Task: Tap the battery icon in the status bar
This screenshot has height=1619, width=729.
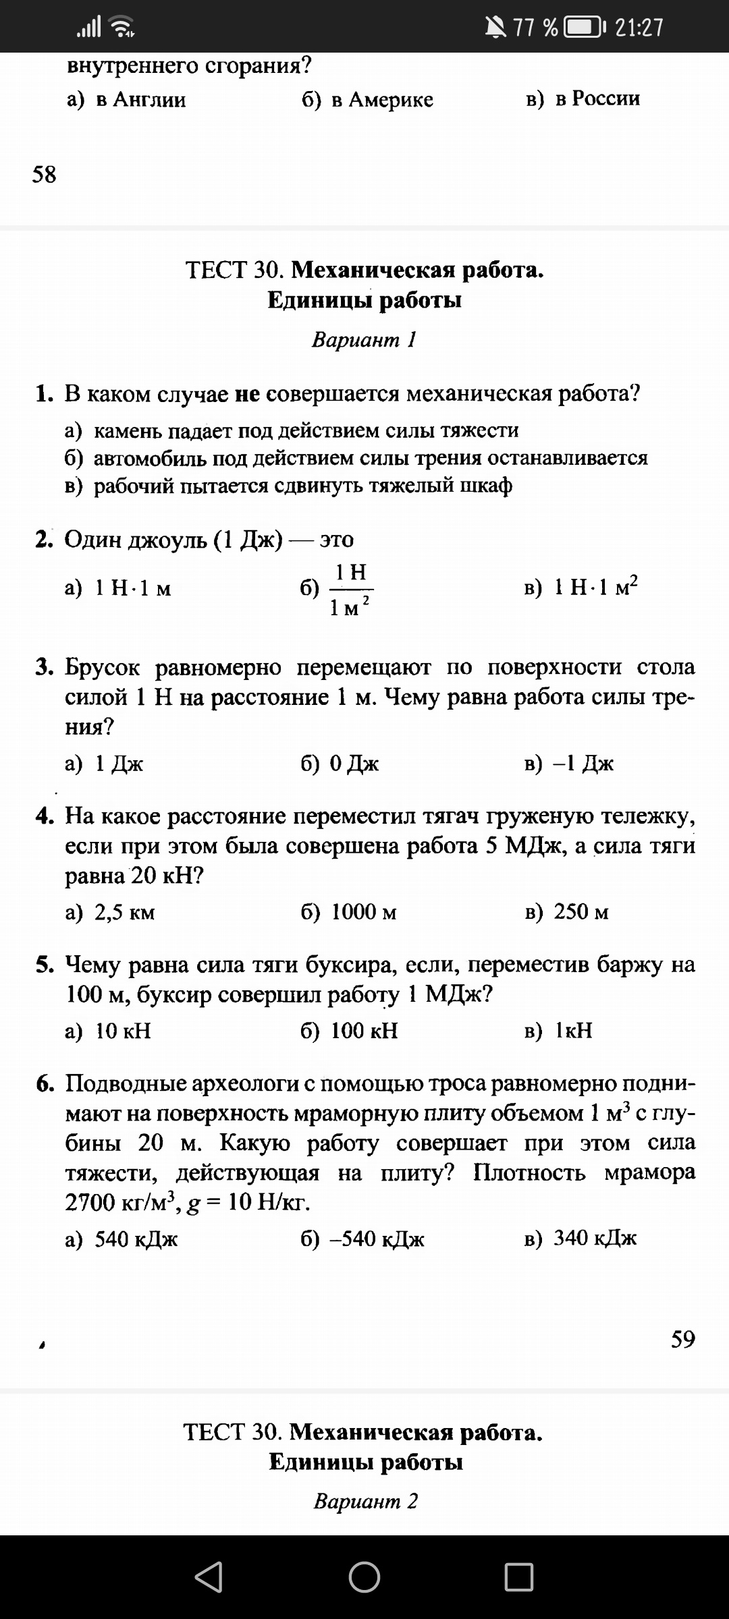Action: coord(585,27)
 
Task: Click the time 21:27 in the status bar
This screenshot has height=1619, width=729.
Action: coord(639,27)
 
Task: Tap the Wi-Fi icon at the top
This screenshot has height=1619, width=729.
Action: coord(122,27)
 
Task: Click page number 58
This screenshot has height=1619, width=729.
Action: coord(45,175)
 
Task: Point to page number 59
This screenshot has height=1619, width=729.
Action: coord(682,1339)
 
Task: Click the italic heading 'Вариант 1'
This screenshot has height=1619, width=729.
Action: coord(364,339)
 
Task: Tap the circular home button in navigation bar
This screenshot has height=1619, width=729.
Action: coord(364,1577)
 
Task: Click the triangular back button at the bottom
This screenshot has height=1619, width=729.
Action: coord(209,1577)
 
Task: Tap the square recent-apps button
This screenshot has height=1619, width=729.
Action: coord(518,1577)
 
